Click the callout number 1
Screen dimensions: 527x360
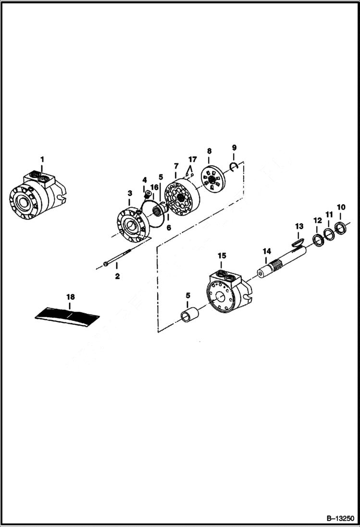point(42,159)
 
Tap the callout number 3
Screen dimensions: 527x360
point(130,193)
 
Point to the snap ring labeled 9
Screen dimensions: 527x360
point(234,166)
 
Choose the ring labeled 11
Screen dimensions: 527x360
point(329,234)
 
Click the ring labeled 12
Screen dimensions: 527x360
point(318,239)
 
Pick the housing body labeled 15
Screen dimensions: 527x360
point(228,294)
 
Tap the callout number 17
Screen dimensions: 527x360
point(192,159)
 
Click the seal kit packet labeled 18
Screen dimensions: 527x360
point(67,316)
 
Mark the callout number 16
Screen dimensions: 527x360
point(154,187)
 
